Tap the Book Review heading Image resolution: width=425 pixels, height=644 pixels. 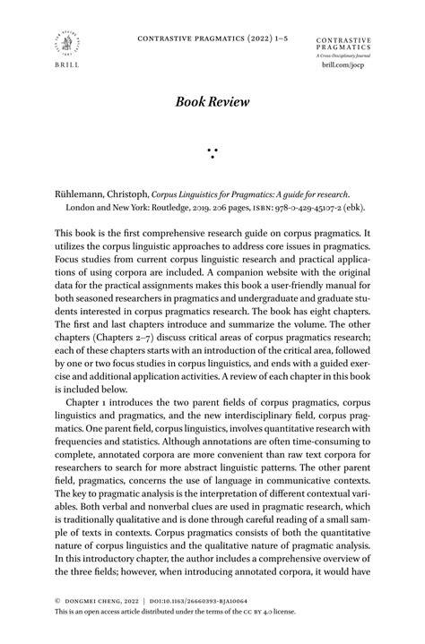(x=212, y=104)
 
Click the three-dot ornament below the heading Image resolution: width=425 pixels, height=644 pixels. (x=212, y=151)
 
